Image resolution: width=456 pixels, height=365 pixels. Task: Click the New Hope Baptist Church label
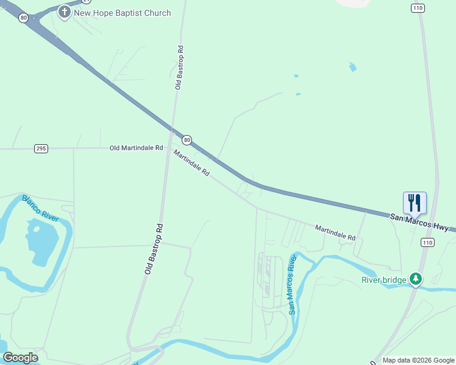[x=123, y=13]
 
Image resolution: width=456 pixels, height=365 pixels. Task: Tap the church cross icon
[x=65, y=12]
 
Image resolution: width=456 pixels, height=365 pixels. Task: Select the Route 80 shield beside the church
[x=23, y=18]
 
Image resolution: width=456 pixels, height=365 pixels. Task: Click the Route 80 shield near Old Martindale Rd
[x=187, y=140]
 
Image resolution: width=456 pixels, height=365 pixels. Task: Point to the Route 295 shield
[x=41, y=148]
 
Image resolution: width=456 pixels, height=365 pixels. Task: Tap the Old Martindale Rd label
[x=137, y=148]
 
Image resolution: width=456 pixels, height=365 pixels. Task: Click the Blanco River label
[x=40, y=207]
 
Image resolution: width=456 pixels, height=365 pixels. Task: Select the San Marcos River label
[x=292, y=285]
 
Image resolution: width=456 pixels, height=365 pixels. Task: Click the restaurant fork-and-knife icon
[x=415, y=203]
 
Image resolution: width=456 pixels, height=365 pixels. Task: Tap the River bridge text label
[x=383, y=280]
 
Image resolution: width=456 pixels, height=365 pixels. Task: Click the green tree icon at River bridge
[x=416, y=279]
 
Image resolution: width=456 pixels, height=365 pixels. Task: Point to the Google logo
[x=20, y=357]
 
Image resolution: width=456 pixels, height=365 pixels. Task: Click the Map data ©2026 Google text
[x=418, y=360]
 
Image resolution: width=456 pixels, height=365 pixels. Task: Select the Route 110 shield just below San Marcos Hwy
[x=426, y=243]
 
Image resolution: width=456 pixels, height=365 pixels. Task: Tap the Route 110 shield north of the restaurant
[x=418, y=8]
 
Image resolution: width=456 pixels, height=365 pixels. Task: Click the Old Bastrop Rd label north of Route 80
[x=179, y=68]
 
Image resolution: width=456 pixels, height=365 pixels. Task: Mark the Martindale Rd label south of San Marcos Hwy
[x=335, y=232]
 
